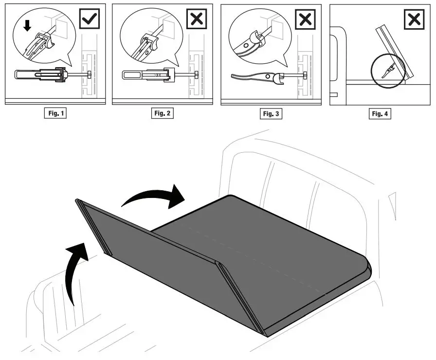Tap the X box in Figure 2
pyautogui.click(x=196, y=19)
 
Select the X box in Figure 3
pyautogui.click(x=305, y=19)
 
